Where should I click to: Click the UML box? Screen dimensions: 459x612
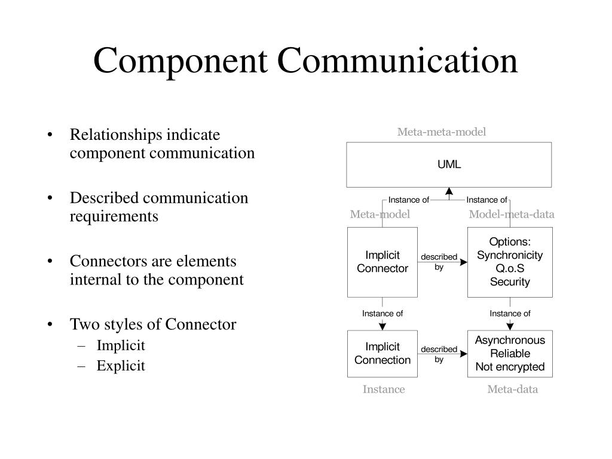[449, 165]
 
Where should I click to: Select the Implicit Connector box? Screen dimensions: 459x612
[382, 262]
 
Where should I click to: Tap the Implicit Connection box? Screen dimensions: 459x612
[382, 353]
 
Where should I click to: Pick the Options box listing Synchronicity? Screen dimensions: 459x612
[510, 262]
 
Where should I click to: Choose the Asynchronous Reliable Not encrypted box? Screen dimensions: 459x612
[510, 353]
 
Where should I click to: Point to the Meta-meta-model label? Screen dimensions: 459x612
[442, 132]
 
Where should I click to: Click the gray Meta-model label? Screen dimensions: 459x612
[380, 215]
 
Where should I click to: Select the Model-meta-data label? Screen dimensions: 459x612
[512, 215]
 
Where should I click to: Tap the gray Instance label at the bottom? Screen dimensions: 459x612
[384, 390]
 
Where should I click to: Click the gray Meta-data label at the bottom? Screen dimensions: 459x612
[513, 390]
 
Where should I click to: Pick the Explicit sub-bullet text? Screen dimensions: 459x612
[121, 366]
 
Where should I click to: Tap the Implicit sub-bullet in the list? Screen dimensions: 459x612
[121, 345]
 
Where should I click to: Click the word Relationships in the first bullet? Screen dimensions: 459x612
[118, 134]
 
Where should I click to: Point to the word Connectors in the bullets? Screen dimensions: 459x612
[104, 261]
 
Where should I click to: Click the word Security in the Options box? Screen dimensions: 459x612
[510, 282]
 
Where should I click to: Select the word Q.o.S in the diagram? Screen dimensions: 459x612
[510, 269]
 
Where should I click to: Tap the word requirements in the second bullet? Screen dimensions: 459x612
[114, 216]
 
